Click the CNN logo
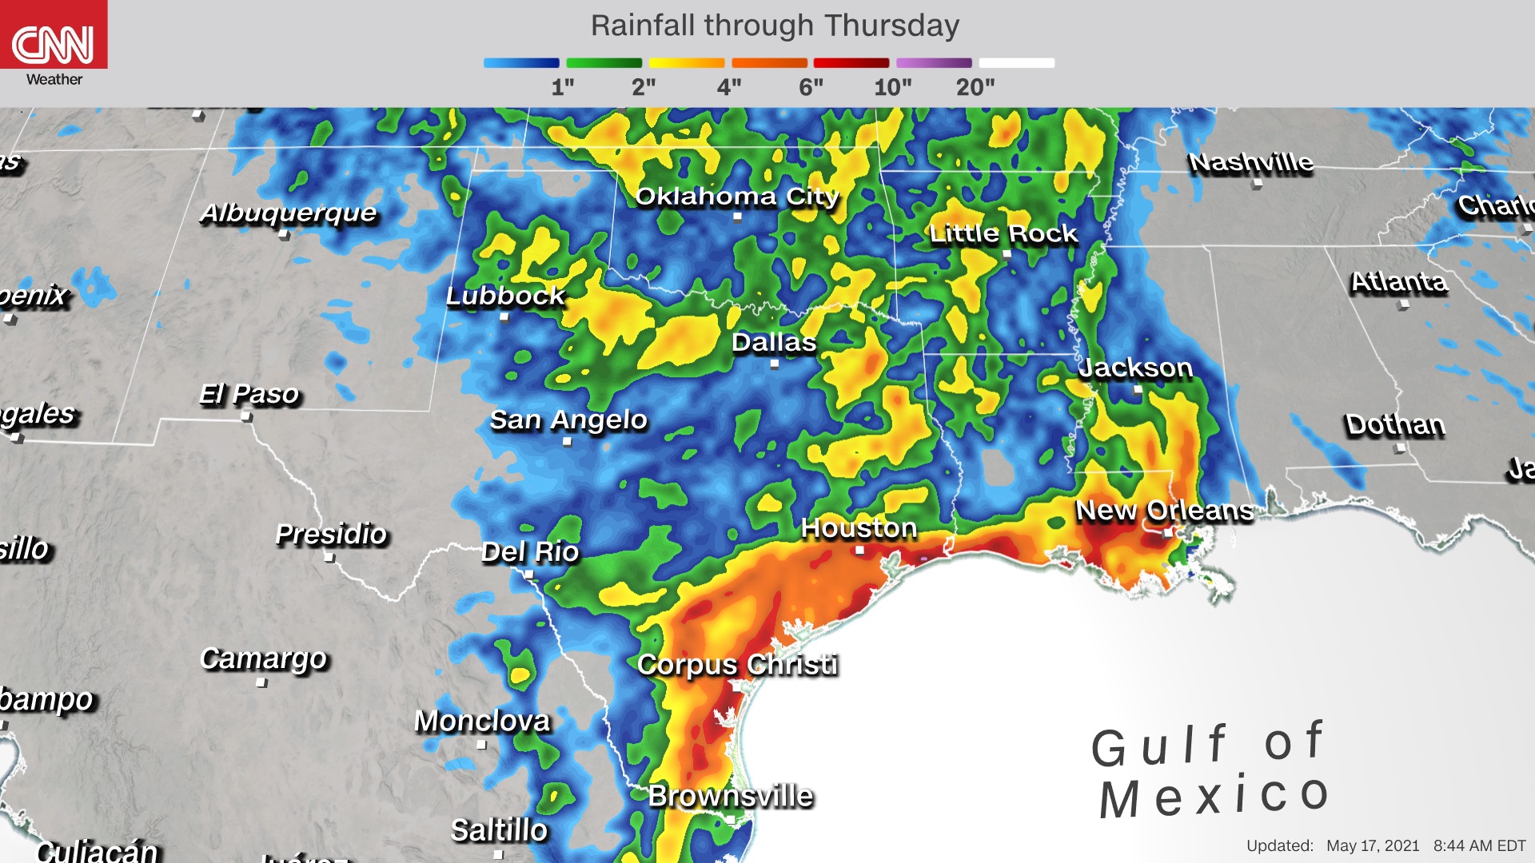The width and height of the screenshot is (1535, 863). (53, 44)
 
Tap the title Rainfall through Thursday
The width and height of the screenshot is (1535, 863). (774, 26)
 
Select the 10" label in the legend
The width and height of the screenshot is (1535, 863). (892, 87)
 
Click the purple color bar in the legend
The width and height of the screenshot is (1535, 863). (934, 63)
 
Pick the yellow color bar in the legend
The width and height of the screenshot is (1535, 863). (686, 63)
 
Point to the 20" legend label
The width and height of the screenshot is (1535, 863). (975, 87)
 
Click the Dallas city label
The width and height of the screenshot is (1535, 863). (774, 343)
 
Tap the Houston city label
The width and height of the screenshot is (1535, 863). (859, 528)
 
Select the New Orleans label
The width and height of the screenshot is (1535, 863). (1164, 511)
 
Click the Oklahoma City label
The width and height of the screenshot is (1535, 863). (736, 197)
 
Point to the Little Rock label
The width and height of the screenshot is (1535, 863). (1003, 233)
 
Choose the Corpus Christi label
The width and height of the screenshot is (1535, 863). (737, 665)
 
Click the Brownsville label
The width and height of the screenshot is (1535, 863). (731, 796)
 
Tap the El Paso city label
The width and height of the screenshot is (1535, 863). (249, 395)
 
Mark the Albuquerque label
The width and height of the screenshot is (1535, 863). (288, 213)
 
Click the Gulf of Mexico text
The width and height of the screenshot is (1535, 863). (1210, 771)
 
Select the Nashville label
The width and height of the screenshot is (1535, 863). (1250, 163)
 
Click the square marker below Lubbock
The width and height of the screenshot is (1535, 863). (504, 317)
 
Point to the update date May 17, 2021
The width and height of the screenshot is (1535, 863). (1373, 845)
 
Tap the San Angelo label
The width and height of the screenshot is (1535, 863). (568, 420)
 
